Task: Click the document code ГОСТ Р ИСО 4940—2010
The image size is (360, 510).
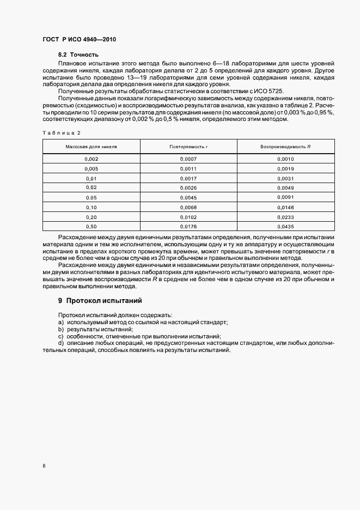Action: (x=79, y=40)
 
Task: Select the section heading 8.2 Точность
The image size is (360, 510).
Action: (x=78, y=55)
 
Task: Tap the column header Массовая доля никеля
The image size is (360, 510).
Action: (x=91, y=147)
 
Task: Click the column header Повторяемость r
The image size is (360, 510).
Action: (x=189, y=147)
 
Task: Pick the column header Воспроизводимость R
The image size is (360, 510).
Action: (x=285, y=147)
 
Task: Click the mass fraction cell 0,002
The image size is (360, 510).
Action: (x=91, y=159)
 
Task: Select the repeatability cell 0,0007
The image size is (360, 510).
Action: (x=189, y=159)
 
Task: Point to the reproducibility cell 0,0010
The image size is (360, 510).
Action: (x=285, y=159)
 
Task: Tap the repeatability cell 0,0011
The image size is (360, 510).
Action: (x=189, y=168)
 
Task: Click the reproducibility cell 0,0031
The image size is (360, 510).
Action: (x=285, y=178)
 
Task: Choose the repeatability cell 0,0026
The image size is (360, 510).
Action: (x=189, y=187)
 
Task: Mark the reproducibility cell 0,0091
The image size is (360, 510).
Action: (x=285, y=197)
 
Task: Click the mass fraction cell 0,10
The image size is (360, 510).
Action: (x=91, y=207)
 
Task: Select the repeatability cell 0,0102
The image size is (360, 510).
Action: (x=189, y=216)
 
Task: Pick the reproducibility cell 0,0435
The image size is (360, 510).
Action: (x=285, y=226)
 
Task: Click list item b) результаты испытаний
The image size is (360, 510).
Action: (x=95, y=330)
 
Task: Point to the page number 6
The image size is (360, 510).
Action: (x=44, y=466)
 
